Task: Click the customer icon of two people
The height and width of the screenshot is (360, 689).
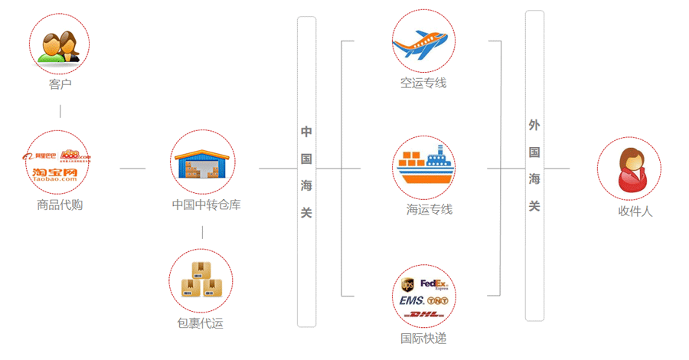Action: point(60,45)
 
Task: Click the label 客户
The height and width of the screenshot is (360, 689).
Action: point(60,84)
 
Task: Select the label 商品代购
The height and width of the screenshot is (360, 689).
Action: point(60,205)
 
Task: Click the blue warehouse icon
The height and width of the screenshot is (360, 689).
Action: point(202,163)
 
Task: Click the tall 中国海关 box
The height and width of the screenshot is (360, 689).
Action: point(306,172)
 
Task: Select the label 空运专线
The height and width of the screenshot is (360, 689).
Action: point(423,83)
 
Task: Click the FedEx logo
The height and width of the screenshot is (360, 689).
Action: point(436,285)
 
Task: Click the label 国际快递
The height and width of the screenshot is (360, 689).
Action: point(423,338)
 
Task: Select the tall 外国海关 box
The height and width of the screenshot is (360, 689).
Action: point(534,165)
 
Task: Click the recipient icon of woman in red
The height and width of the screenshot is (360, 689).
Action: point(629,170)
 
